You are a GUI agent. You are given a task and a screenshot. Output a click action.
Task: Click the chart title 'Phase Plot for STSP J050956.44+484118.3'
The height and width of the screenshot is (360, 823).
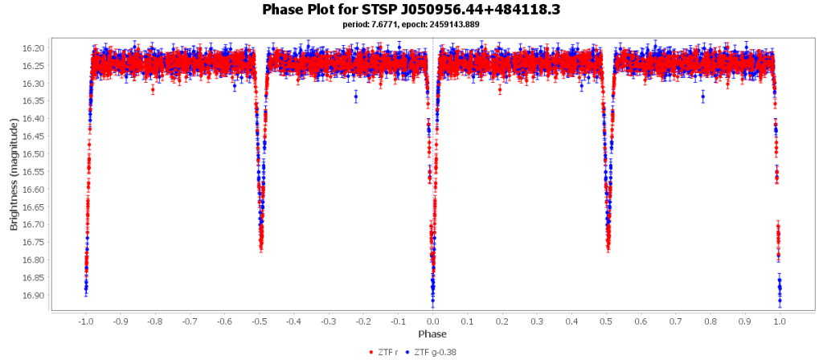(411, 10)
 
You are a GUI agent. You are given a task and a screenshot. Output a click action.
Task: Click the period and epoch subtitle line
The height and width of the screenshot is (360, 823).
(411, 25)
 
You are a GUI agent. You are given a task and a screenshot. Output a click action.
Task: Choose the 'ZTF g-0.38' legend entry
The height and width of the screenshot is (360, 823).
(435, 351)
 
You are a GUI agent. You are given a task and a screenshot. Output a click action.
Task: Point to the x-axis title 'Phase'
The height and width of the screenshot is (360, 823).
(432, 333)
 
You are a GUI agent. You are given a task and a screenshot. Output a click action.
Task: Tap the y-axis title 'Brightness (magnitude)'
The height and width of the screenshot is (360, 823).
(14, 174)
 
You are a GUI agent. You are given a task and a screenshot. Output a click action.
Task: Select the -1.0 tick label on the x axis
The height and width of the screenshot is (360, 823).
(85, 320)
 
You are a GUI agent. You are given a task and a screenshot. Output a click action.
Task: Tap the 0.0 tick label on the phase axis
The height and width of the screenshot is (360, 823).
(432, 320)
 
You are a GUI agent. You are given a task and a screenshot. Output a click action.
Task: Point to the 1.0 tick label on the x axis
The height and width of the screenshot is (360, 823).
(780, 320)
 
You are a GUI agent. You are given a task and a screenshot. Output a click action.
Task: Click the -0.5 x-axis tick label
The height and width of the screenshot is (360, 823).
(259, 320)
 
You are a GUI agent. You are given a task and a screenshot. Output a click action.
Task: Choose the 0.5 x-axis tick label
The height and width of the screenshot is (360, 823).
(606, 320)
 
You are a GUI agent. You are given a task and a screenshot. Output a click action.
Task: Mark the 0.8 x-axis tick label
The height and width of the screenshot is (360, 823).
(710, 320)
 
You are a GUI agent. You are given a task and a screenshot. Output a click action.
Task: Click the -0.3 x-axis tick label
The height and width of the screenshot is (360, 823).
(328, 320)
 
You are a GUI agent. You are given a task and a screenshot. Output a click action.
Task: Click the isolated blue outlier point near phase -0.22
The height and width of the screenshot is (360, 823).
(355, 96)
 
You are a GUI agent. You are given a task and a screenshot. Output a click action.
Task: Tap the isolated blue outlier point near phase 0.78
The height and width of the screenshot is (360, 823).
(703, 96)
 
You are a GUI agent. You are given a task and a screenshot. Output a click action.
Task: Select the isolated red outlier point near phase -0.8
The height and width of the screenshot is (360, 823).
(153, 89)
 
